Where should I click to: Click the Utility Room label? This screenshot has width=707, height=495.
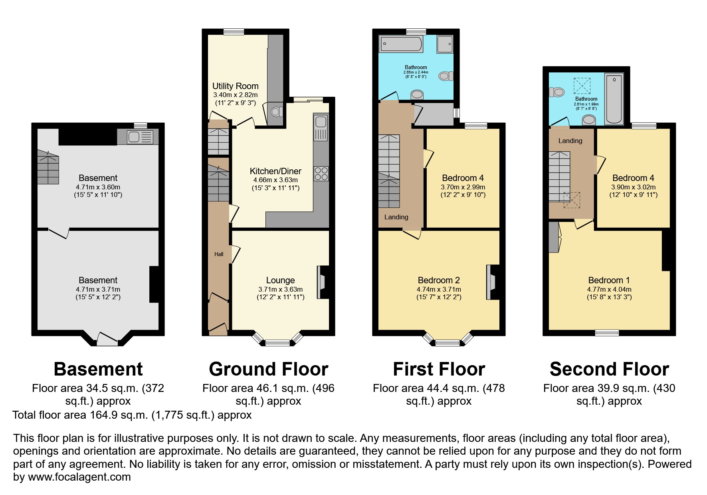coord(235,86)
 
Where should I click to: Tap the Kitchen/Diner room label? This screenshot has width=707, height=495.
coord(275,171)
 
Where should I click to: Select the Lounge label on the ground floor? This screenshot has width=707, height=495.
coord(280,280)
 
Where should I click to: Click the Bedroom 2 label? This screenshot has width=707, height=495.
coord(439,280)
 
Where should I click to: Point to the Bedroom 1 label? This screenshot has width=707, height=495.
coord(609,280)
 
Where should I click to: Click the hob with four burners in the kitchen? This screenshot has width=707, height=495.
coord(321,173)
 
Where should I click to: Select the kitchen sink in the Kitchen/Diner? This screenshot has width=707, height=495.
coord(321,127)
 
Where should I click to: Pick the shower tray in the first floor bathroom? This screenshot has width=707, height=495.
coord(445,44)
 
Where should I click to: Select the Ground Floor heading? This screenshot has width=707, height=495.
coord(268,369)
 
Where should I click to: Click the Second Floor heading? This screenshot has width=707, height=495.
coord(609,369)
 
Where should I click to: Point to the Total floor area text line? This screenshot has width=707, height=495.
coord(132,415)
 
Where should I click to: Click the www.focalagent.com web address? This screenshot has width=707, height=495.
coord(79,477)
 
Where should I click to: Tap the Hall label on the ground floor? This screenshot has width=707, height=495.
coord(219,254)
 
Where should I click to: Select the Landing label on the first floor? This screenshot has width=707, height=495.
coord(396,217)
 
